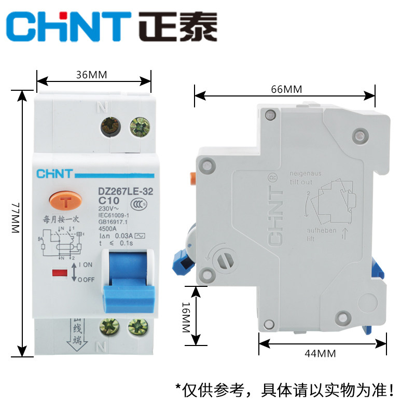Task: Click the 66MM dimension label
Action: [286, 89]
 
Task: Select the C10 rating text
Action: [109, 201]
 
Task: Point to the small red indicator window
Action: [61, 271]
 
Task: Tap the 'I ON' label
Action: [86, 265]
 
